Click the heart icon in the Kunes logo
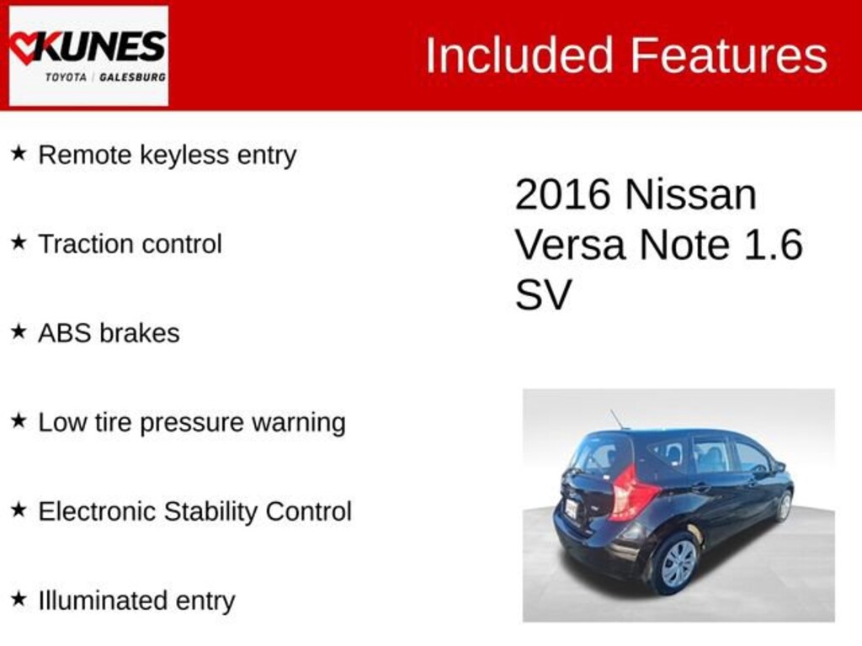[x=25, y=47]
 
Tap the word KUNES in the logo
[x=101, y=46]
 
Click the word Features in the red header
[x=728, y=56]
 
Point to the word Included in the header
[x=519, y=56]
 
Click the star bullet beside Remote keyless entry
[x=19, y=154]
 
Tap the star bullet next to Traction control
[x=19, y=243]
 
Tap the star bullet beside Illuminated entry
[x=19, y=600]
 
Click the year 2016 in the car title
[x=562, y=195]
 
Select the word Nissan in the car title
[x=690, y=195]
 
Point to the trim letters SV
[x=543, y=295]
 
